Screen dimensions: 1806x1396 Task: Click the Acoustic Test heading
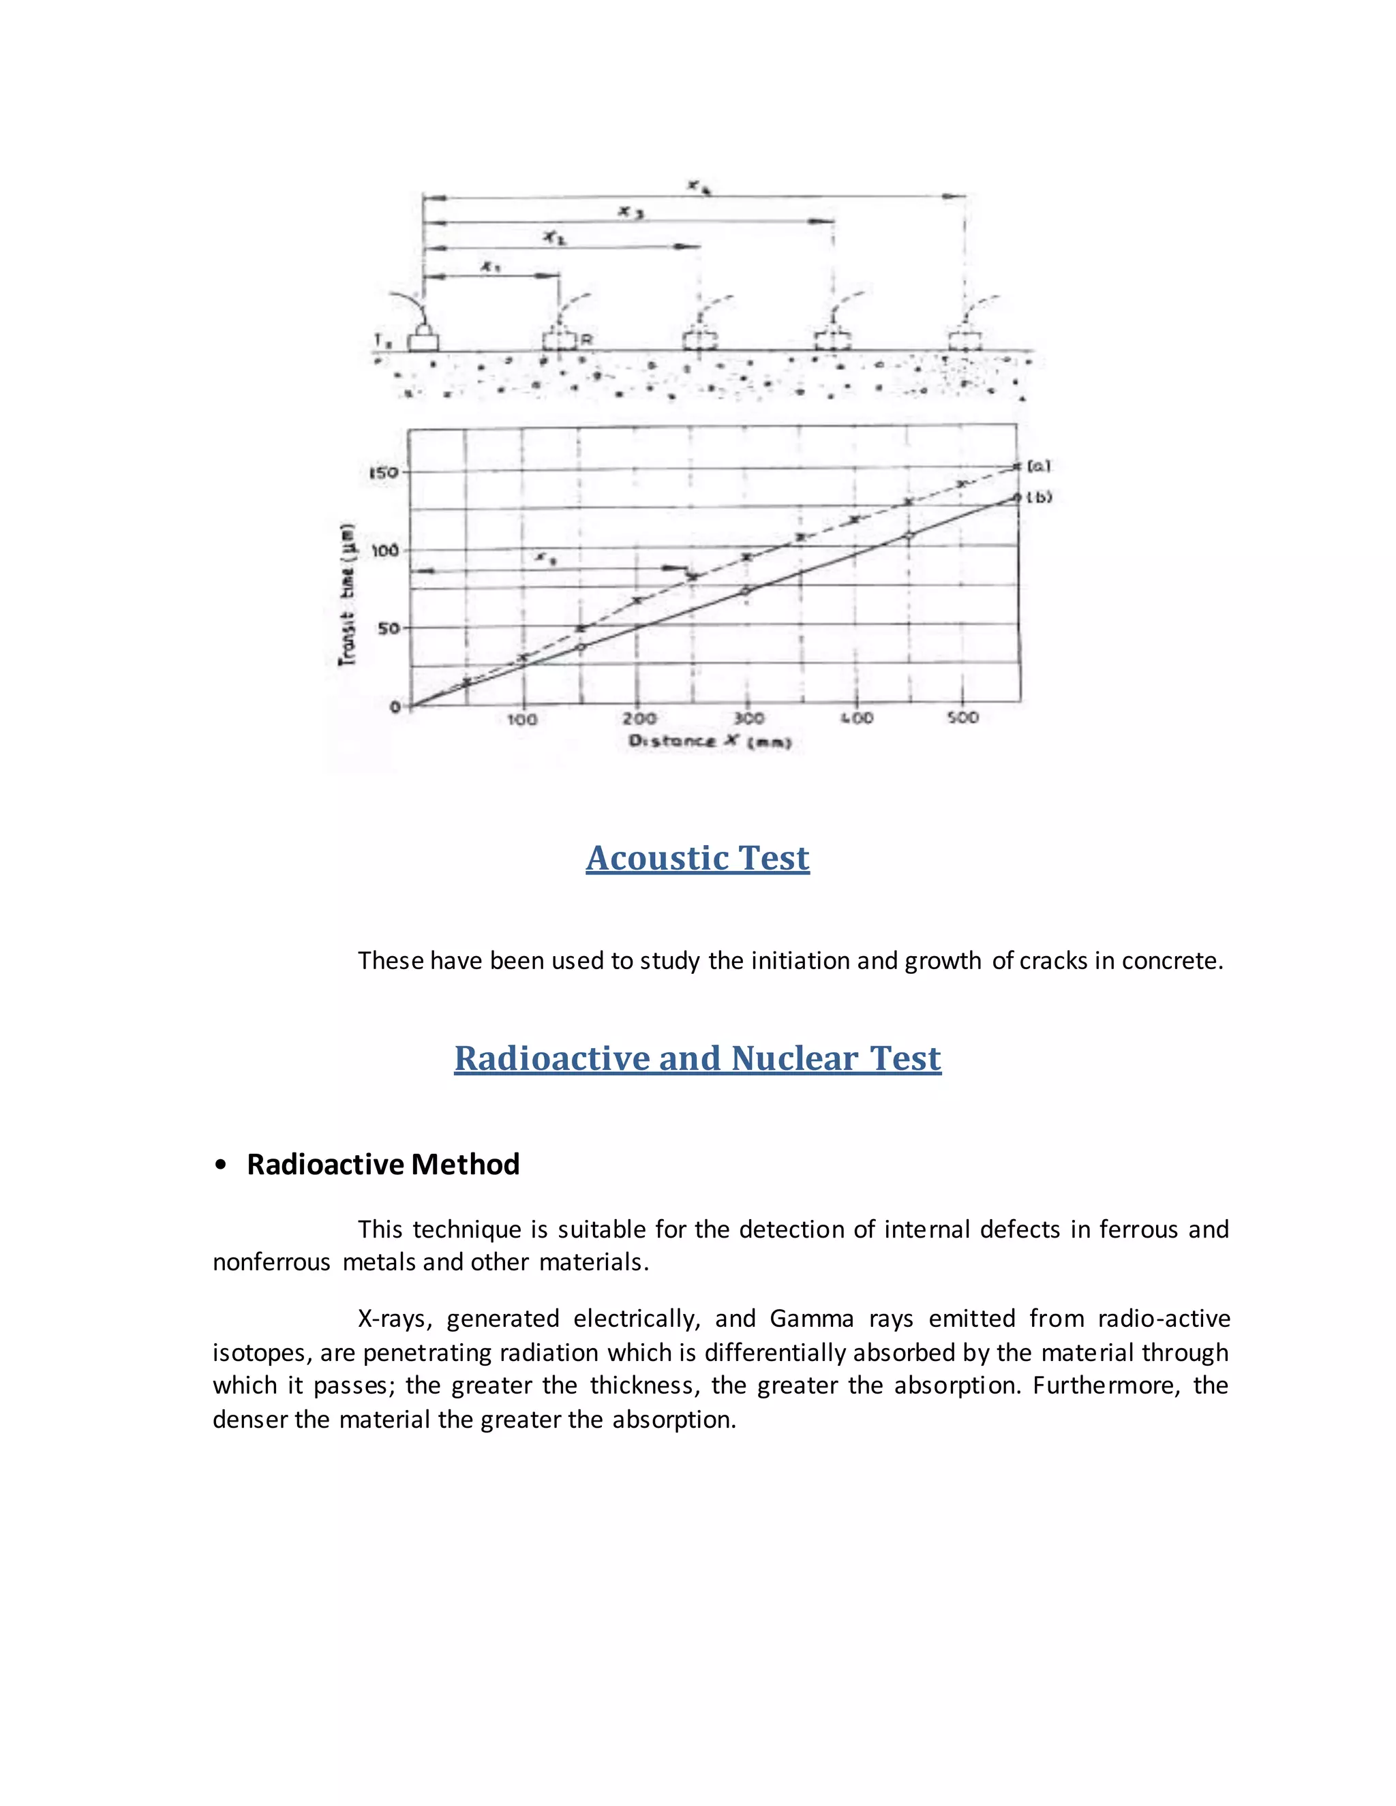point(697,858)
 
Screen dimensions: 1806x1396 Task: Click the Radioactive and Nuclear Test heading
point(697,1058)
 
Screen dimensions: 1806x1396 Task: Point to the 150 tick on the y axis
point(383,472)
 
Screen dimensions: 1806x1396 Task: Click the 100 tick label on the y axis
point(384,550)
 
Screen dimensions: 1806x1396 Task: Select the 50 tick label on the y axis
point(388,628)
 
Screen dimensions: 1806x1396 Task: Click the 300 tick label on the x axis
point(748,718)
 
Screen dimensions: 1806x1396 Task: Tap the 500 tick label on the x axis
point(962,717)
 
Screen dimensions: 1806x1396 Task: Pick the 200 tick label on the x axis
point(639,718)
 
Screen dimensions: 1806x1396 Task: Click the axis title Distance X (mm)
point(710,741)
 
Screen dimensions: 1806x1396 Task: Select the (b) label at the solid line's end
point(1040,497)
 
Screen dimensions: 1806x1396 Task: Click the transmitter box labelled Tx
point(423,341)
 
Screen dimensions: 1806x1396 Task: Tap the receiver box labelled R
point(559,341)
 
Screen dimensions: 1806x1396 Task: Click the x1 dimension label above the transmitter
point(490,266)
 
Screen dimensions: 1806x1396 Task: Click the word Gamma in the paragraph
point(811,1318)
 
